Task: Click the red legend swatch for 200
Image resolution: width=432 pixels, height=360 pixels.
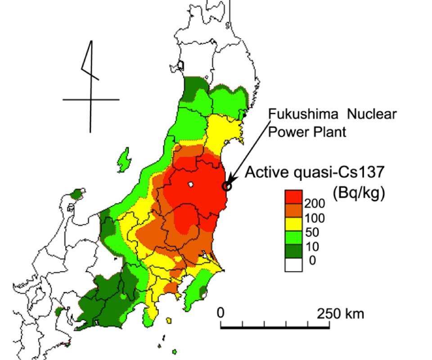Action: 293,197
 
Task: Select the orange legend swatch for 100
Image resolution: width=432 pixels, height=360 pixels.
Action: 293,210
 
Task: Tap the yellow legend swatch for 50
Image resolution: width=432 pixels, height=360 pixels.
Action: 293,224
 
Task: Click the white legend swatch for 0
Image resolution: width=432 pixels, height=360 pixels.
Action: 293,265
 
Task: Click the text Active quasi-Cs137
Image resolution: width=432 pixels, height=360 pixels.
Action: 315,173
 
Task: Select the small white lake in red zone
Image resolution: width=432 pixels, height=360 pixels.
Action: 191,184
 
